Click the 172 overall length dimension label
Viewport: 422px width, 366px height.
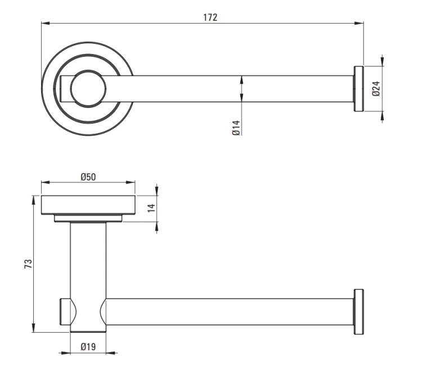(210, 17)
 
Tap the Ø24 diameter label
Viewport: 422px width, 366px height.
(376, 88)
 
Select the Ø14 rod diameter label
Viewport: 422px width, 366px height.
(236, 128)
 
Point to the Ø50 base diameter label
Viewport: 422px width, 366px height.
(88, 177)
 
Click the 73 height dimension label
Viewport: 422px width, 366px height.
(28, 264)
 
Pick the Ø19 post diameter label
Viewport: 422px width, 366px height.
(88, 347)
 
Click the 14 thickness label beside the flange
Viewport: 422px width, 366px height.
(151, 208)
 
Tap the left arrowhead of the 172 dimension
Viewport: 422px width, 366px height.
(46, 24)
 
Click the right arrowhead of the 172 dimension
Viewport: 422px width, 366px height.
(359, 24)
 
